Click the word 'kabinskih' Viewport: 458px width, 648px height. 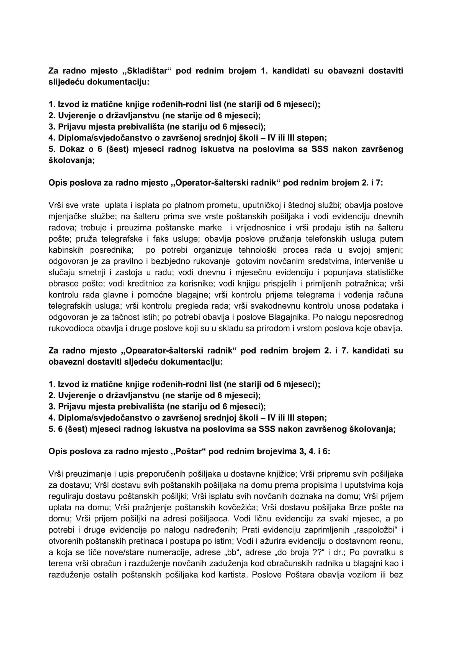pos(66,250)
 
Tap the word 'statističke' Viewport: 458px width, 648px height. pos(385,273)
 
